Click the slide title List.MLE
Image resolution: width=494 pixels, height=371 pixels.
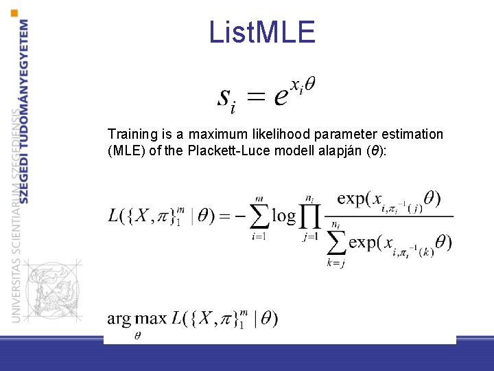tap(262, 32)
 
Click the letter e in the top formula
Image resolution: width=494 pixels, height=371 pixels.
tap(280, 97)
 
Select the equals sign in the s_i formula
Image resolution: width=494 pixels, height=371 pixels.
tap(255, 98)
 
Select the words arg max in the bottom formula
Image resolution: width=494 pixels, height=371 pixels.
tap(137, 318)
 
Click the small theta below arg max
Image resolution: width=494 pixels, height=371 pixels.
tap(137, 335)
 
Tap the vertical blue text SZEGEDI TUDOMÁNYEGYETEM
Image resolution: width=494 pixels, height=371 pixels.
tap(25, 110)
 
